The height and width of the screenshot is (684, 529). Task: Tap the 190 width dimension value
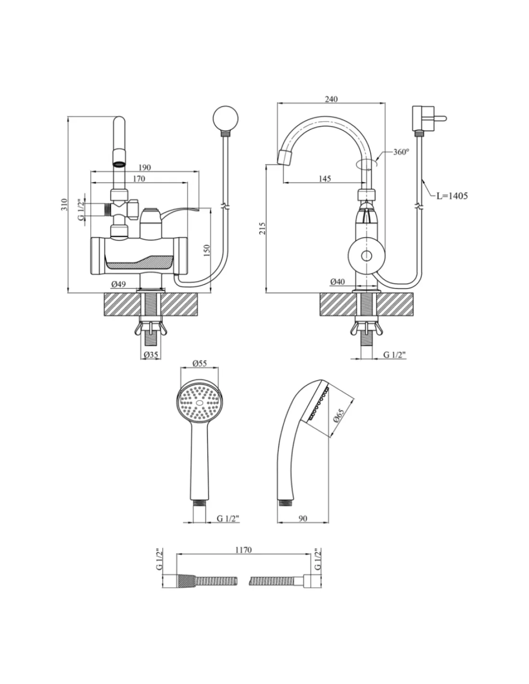(x=144, y=167)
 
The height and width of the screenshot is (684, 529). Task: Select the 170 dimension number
(x=139, y=178)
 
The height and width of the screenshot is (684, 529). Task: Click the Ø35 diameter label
(x=151, y=355)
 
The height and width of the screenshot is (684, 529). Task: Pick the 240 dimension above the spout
(x=331, y=99)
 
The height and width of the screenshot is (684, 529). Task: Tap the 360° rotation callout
(x=401, y=152)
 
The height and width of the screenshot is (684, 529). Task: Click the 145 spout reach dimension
(x=325, y=178)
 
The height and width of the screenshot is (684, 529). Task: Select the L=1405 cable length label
(x=452, y=196)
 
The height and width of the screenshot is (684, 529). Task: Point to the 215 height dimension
(x=262, y=228)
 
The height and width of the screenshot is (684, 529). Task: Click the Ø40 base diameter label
(x=338, y=282)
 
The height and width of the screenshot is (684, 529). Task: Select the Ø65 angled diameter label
(x=339, y=415)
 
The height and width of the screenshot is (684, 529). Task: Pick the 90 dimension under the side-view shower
(x=303, y=519)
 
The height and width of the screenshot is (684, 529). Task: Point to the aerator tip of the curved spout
(x=286, y=157)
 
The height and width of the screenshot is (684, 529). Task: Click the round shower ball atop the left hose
(x=224, y=119)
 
